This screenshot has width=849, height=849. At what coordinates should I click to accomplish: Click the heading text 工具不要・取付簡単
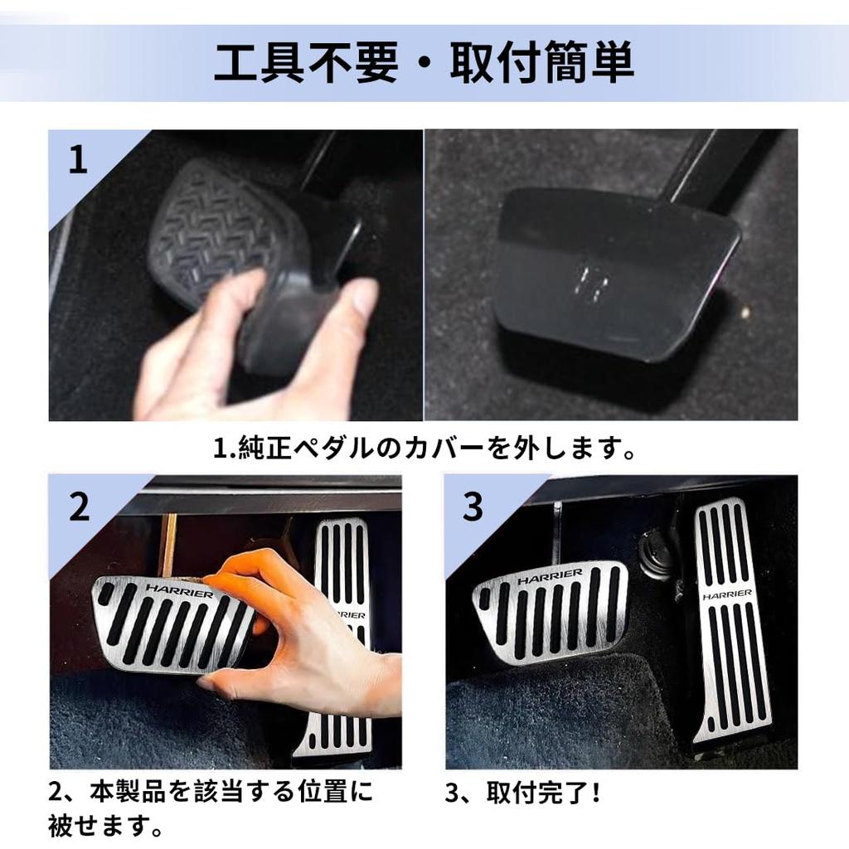pos(424,64)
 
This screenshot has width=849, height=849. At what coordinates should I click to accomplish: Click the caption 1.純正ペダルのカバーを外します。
pos(424,448)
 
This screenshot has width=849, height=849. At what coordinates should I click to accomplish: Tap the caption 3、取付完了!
pos(522,793)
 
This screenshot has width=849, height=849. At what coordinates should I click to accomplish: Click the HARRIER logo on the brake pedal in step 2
pos(179,590)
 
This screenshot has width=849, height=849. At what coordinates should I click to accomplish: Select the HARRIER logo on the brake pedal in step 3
pos(551,576)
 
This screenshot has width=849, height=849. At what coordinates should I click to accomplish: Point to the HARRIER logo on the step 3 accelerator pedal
pos(727,595)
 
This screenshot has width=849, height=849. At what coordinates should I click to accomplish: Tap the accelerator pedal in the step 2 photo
pos(338,639)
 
